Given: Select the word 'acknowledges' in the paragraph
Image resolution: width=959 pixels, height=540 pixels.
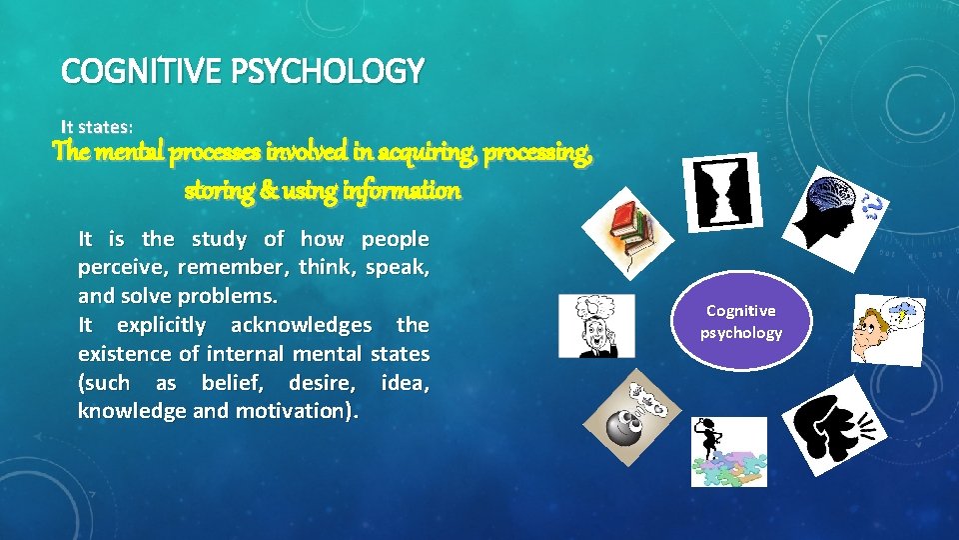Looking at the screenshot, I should click(301, 325).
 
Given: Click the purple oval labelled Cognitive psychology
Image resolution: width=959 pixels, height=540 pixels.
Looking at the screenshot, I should click(740, 322).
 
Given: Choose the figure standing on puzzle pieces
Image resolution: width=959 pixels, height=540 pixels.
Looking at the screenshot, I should click(728, 451).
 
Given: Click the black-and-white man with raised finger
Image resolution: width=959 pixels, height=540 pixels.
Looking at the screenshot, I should click(596, 326).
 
